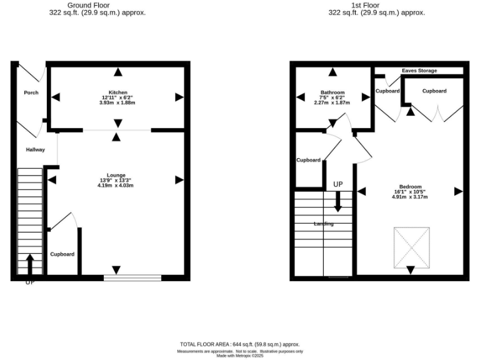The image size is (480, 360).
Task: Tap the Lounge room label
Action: pyautogui.click(x=116, y=175)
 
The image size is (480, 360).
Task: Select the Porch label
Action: pyautogui.click(x=31, y=92)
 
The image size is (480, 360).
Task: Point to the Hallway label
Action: pyautogui.click(x=35, y=149)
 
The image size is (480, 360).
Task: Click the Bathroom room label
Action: pyautogui.click(x=332, y=92)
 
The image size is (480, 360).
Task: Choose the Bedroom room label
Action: pyautogui.click(x=411, y=187)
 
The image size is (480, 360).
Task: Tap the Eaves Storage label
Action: pyautogui.click(x=419, y=71)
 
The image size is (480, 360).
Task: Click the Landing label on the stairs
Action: pyautogui.click(x=323, y=224)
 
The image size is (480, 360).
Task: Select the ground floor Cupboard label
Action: pyautogui.click(x=62, y=254)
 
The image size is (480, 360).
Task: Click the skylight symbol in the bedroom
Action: pyautogui.click(x=412, y=247)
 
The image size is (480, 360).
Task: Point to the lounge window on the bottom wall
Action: pyautogui.click(x=132, y=277)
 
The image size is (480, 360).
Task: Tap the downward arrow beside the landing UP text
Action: pyautogui.click(x=338, y=201)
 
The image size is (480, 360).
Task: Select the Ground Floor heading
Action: pyautogui.click(x=97, y=5)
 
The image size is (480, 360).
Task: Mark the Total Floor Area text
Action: pyautogui.click(x=240, y=344)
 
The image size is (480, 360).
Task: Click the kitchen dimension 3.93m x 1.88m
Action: pyautogui.click(x=117, y=103)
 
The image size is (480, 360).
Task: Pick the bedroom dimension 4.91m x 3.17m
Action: pyautogui.click(x=411, y=197)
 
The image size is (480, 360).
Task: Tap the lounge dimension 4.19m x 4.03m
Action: pyautogui.click(x=116, y=185)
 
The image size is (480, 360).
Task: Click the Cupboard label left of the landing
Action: pyautogui.click(x=308, y=160)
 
